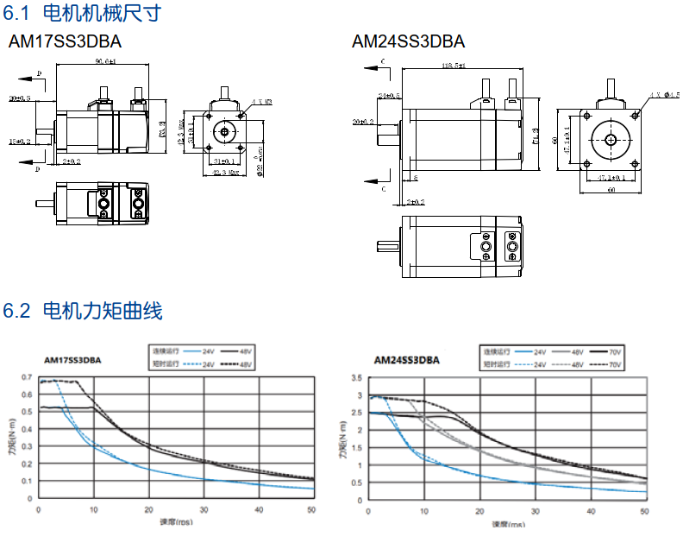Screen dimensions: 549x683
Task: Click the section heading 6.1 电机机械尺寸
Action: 82,13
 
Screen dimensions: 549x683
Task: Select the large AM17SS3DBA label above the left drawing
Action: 65,41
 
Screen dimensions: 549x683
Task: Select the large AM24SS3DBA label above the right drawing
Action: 408,41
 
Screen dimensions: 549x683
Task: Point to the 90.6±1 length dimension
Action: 106,61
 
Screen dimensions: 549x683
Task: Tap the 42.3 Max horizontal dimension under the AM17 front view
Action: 225,173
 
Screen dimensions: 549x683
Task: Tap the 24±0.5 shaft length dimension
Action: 389,95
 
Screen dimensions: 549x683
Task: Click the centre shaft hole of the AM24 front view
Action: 610,139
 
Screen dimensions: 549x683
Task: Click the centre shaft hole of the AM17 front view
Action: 226,131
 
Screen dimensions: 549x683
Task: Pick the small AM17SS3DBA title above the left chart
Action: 72,361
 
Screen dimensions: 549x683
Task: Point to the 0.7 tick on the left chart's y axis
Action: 28,378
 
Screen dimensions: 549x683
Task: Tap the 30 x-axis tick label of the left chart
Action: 204,510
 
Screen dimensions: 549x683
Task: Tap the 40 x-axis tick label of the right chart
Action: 590,512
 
